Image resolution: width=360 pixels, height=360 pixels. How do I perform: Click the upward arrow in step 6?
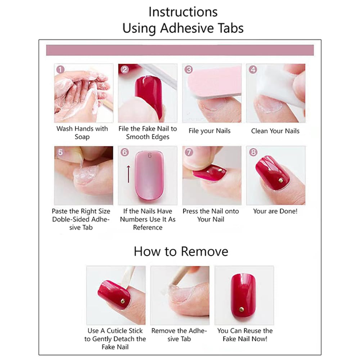click(129, 173)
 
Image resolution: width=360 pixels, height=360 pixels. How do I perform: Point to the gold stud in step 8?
click(280, 179)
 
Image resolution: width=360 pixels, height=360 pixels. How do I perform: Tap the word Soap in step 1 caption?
click(82, 137)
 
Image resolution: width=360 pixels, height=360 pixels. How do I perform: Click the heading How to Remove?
click(181, 251)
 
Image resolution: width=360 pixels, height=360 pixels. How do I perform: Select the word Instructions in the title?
click(183, 12)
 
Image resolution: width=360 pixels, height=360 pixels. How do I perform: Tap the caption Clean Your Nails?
click(275, 131)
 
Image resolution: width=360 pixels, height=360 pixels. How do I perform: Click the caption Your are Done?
click(275, 211)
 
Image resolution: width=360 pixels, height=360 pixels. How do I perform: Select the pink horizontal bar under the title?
click(180, 50)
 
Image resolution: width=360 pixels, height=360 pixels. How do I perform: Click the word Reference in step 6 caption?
click(148, 228)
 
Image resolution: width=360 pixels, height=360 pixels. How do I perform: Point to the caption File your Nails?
click(210, 131)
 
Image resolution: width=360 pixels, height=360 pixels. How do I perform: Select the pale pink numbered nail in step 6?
click(148, 176)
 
